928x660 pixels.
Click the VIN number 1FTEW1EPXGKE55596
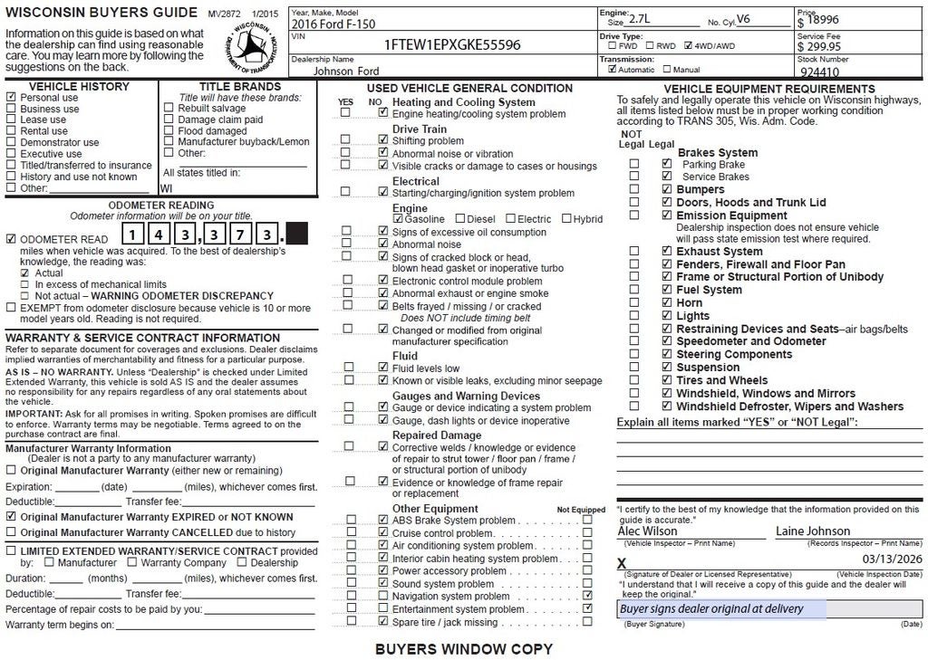(452, 44)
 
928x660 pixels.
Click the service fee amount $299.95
(819, 46)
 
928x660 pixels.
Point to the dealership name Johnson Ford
(346, 71)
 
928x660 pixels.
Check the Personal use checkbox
(11, 98)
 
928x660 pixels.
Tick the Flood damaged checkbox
(169, 131)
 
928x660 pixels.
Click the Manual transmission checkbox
(668, 69)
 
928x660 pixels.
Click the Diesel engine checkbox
(460, 219)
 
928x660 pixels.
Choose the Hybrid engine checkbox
(566, 219)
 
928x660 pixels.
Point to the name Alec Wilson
(647, 531)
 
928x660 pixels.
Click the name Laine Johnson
(813, 531)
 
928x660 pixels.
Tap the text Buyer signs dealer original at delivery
(711, 609)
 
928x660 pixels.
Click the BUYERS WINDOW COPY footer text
(463, 649)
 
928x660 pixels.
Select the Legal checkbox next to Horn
(667, 303)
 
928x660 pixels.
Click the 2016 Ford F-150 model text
(332, 24)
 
